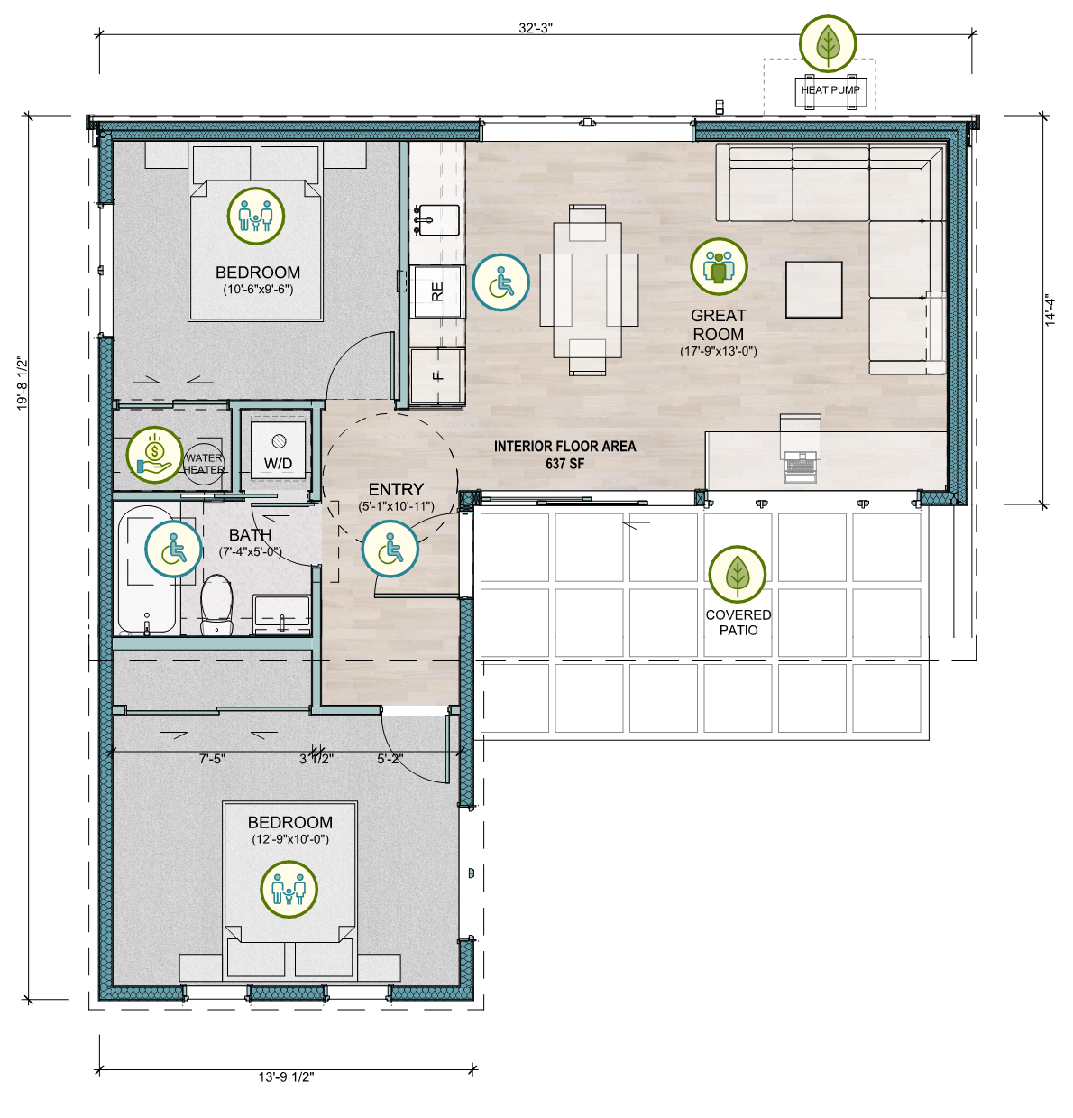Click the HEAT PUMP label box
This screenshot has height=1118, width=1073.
[x=830, y=90]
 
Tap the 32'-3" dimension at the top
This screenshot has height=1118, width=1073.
[x=535, y=28]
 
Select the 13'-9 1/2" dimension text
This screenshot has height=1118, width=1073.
[x=286, y=1076]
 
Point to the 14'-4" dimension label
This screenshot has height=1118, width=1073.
[x=1050, y=310]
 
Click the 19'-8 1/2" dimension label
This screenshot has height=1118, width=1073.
[x=23, y=383]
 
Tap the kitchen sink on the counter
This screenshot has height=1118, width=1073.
[x=437, y=220]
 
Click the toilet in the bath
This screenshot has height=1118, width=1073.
[x=216, y=605]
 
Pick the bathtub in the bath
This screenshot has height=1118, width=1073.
[x=147, y=569]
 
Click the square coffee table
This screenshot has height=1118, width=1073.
[x=813, y=290]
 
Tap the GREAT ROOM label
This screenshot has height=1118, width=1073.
[x=719, y=325]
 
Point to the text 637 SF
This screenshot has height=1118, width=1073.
[x=565, y=464]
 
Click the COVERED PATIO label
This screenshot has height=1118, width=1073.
[x=738, y=623]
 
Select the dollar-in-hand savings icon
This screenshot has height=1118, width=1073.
[x=154, y=455]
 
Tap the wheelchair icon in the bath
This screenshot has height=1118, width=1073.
[x=173, y=549]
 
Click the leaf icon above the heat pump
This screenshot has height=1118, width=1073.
[x=828, y=43]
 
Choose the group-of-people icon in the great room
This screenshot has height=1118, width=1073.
[x=719, y=266]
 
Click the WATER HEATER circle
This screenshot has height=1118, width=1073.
[x=204, y=464]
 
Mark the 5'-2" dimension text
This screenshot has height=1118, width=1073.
[x=390, y=759]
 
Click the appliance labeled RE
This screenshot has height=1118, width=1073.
[x=437, y=291]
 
